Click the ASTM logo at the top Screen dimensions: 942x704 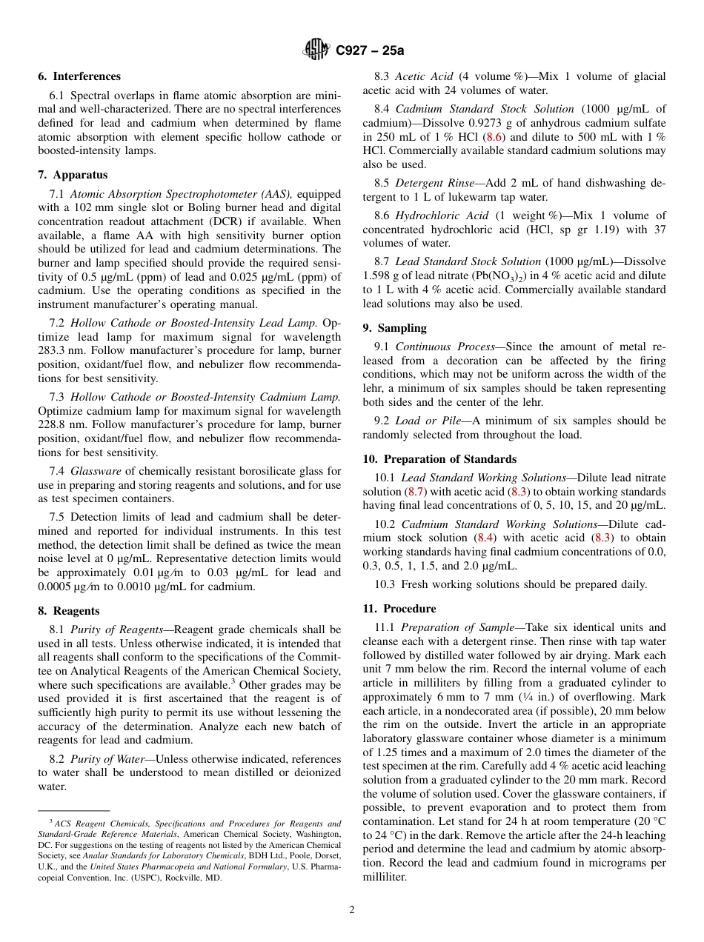click(316, 50)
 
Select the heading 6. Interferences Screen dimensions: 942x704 click(79, 76)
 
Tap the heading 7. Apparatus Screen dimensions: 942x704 click(73, 175)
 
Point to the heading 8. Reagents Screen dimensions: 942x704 click(69, 611)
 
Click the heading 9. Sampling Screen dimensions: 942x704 click(394, 328)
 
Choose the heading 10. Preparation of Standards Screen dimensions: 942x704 click(439, 459)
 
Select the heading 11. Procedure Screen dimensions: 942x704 click(399, 609)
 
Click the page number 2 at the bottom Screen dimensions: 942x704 click(352, 910)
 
